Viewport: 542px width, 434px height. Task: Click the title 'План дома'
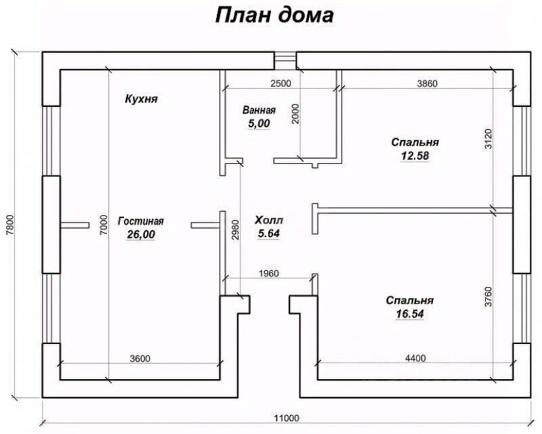(274, 15)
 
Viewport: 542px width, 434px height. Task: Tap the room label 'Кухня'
(141, 99)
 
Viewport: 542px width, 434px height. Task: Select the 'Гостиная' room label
(141, 221)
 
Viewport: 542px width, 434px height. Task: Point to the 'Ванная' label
(259, 110)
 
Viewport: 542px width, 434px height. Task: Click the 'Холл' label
(269, 220)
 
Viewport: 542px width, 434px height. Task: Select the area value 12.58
(415, 156)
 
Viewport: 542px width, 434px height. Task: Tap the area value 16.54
(410, 314)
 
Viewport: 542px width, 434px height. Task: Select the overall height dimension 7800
(9, 223)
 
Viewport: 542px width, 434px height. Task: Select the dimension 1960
(269, 274)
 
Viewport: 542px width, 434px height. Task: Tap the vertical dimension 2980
(234, 232)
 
